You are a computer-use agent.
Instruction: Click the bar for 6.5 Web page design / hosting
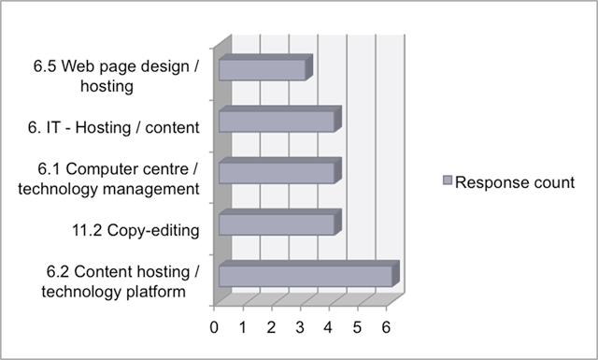click(263, 70)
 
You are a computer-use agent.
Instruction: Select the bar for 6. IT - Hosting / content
click(278, 122)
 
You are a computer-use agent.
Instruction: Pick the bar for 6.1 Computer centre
click(278, 173)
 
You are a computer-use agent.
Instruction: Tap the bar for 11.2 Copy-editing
click(278, 224)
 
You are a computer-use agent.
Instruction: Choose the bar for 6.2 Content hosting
click(306, 276)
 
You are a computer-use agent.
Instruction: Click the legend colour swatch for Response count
click(446, 180)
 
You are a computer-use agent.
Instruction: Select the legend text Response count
click(515, 181)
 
